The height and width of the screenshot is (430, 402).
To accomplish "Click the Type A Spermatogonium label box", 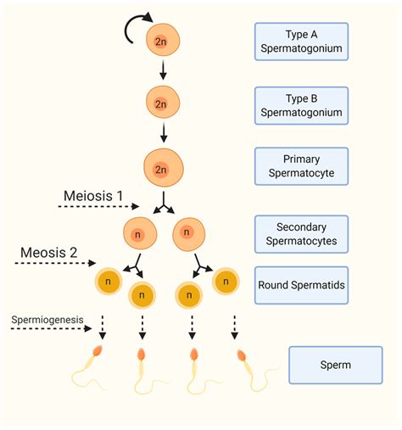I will (300, 42).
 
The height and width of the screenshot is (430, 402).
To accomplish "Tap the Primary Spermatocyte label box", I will (300, 166).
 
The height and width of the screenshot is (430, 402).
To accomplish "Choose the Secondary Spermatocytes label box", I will (300, 234).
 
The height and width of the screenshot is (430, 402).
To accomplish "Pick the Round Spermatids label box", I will (300, 287).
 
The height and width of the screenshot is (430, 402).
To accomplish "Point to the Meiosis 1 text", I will (93, 196).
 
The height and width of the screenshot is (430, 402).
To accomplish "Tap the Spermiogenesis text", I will (47, 321).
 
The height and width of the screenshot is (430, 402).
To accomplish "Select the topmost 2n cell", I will (161, 40).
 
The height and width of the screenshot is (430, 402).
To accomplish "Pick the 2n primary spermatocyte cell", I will (161, 167).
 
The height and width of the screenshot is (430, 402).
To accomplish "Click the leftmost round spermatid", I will (109, 281).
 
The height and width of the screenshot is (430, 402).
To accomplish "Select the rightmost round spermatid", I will (224, 281).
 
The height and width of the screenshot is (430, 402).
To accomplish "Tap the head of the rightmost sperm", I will (242, 355).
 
